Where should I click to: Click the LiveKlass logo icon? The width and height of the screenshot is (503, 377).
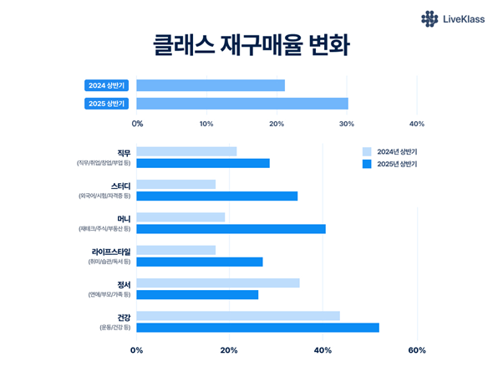tap(429, 18)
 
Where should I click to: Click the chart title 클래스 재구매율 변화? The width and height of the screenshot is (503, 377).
tap(251, 47)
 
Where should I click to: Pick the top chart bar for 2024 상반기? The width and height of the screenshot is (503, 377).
tap(211, 85)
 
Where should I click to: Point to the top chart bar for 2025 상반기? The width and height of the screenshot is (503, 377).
tap(242, 104)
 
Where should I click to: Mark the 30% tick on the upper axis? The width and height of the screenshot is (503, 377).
tap(347, 124)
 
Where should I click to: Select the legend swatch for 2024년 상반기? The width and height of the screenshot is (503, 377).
tap(367, 151)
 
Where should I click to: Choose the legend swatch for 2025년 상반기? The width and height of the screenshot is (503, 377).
tap(367, 165)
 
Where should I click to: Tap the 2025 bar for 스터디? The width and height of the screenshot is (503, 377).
tap(217, 196)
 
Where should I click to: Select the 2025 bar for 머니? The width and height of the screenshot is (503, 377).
tap(231, 229)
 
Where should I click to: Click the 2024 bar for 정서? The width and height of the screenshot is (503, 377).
tap(218, 283)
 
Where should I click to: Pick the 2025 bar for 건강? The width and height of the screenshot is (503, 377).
tap(258, 328)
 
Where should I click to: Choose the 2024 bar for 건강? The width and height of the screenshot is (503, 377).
tap(238, 316)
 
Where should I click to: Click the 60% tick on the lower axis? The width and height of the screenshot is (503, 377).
tap(417, 350)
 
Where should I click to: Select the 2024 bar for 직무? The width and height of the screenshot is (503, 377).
tap(186, 151)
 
